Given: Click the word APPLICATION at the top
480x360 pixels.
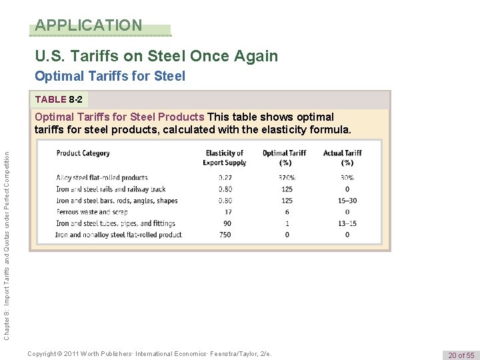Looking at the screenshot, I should click(x=89, y=26).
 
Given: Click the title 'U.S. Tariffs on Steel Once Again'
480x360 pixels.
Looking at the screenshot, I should click(x=156, y=56).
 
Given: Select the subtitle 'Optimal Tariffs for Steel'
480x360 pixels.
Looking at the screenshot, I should click(x=110, y=77).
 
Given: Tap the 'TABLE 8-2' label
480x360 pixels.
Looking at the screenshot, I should click(x=59, y=99).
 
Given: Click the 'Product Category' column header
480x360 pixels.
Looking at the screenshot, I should click(x=83, y=153).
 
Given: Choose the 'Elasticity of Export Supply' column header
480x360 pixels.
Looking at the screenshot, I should click(x=225, y=157).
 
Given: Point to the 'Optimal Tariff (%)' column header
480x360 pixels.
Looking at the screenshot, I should click(x=284, y=157).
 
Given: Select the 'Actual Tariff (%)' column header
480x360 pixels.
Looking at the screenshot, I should click(x=343, y=157).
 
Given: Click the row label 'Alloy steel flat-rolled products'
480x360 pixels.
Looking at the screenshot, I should click(x=102, y=178).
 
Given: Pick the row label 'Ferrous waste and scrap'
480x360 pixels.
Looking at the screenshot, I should click(x=92, y=212).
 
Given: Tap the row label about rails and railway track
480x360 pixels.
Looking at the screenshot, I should click(x=111, y=189).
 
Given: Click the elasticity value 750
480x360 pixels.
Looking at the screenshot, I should click(x=225, y=235).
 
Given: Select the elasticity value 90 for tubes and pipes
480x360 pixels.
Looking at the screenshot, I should click(x=227, y=223).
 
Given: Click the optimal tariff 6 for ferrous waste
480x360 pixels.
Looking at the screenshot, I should click(x=287, y=212).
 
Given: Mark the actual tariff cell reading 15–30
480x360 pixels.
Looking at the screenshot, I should click(x=347, y=201).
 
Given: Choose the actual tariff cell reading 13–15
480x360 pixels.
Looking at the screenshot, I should click(x=347, y=223).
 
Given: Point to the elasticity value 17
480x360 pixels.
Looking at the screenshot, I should click(x=227, y=212).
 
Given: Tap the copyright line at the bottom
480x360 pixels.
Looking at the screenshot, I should click(x=150, y=353).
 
